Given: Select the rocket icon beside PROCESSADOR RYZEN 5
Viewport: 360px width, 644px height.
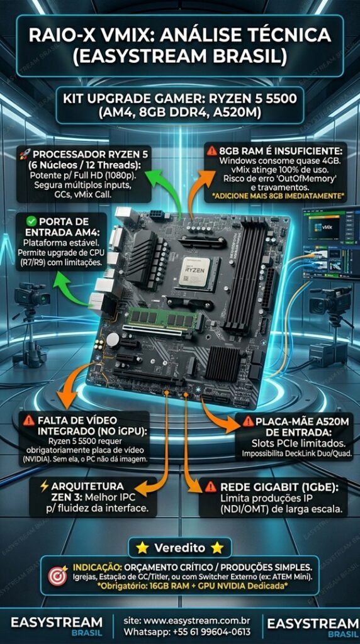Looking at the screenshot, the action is [x=25, y=155].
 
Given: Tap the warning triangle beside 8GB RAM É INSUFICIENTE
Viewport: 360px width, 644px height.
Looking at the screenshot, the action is [x=212, y=150].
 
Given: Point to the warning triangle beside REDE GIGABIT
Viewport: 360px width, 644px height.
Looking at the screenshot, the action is [x=210, y=487].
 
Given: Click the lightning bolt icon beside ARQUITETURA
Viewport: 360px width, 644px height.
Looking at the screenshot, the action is [x=45, y=487].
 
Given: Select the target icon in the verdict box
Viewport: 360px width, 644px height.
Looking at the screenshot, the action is [x=58, y=576].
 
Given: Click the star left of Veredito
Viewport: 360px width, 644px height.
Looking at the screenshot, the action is [x=143, y=548].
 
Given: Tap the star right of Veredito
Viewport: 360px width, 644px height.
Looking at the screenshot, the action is [x=217, y=548].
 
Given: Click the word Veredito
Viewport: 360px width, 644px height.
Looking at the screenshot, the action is [x=179, y=548].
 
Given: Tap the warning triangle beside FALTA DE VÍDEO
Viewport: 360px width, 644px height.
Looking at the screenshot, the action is [x=29, y=421].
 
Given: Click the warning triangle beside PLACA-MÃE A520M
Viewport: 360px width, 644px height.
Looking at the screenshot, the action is [x=248, y=421].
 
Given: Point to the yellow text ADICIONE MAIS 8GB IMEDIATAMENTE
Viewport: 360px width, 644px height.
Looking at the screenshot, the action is [x=276, y=196].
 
